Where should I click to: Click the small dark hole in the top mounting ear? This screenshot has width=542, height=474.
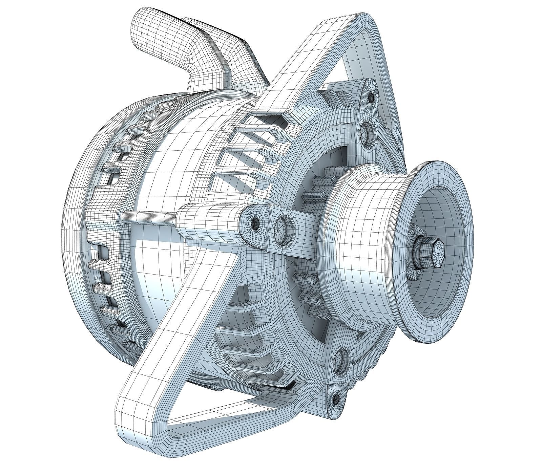tap(371, 98)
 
